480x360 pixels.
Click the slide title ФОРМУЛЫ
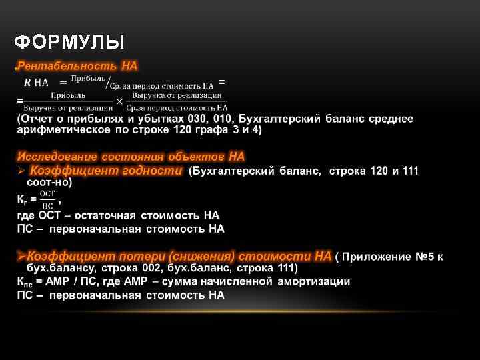pyautogui.click(x=69, y=43)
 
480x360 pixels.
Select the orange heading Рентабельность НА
pyautogui.click(x=77, y=66)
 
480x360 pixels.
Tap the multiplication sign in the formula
pyautogui.click(x=119, y=101)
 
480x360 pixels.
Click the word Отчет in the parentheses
pyautogui.click(x=37, y=119)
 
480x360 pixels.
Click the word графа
pyautogui.click(x=213, y=129)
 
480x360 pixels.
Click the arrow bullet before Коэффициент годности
pyautogui.click(x=21, y=171)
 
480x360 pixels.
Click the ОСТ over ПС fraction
pyautogui.click(x=47, y=199)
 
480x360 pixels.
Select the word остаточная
pyautogui.click(x=105, y=215)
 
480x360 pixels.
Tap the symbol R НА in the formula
pyautogui.click(x=37, y=83)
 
